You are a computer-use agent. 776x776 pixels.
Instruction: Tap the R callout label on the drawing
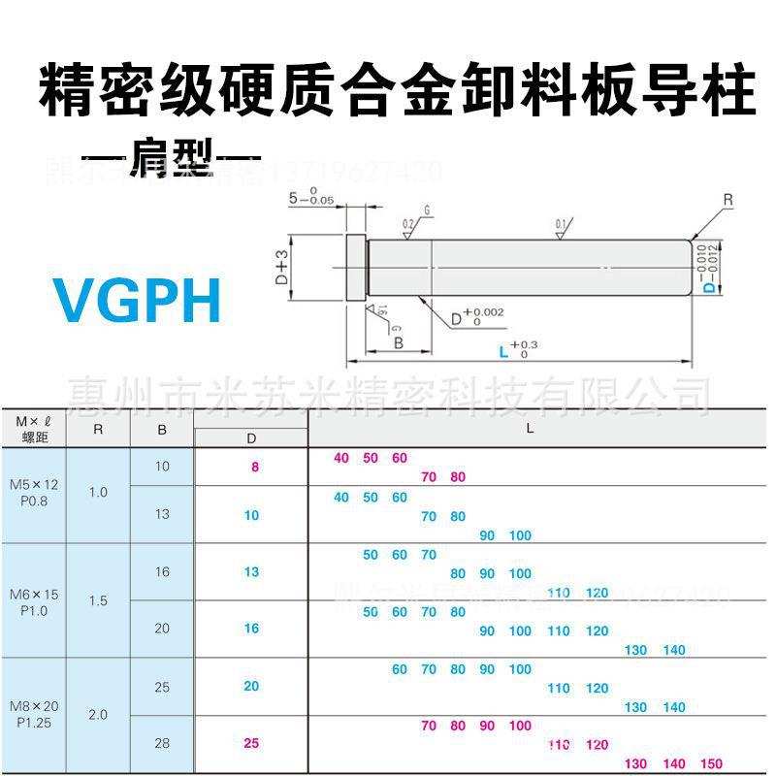click(x=727, y=201)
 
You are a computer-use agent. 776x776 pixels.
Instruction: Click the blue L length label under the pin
click(x=504, y=351)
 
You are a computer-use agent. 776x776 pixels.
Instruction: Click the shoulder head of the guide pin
click(x=354, y=266)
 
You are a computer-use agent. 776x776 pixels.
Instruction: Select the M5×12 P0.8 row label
click(x=34, y=491)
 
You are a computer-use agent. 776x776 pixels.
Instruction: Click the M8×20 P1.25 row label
click(x=34, y=714)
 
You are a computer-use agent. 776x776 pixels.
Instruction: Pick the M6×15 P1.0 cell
click(x=34, y=602)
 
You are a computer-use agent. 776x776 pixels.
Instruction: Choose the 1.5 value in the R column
click(x=98, y=601)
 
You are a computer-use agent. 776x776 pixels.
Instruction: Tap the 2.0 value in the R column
click(x=98, y=715)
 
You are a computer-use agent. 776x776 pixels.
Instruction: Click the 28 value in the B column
click(x=162, y=743)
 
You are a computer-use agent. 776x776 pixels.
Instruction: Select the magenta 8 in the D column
click(x=255, y=467)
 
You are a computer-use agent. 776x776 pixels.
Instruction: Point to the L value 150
click(x=711, y=764)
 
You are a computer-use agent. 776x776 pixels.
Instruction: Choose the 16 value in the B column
click(x=162, y=571)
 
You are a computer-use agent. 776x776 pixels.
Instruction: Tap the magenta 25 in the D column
click(x=251, y=743)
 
